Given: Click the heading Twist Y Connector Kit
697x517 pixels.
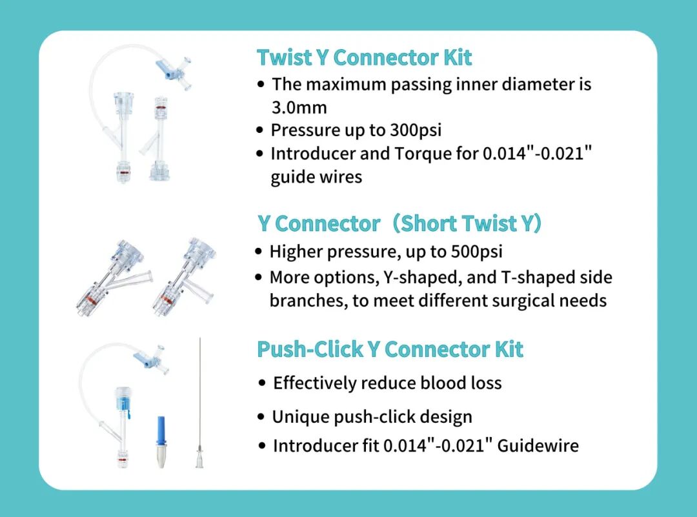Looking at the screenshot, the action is coord(364,58).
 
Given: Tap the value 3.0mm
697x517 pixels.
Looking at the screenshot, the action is coord(299,108).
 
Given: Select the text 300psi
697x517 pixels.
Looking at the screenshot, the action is coord(416,130).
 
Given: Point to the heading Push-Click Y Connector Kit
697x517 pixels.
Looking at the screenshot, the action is coord(390,349).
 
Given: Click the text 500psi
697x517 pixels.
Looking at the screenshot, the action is coord(476,252).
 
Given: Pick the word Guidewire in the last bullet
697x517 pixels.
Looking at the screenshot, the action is coord(538,445).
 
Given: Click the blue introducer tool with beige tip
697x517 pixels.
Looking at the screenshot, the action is coord(161,442).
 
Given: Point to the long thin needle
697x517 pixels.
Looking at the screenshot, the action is coord(200,402).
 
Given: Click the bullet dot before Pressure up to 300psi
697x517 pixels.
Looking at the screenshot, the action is coord(260,130).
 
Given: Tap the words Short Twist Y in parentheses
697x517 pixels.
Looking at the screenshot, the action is coord(467,223).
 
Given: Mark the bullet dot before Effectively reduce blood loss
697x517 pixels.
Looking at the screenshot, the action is coord(262,383).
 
